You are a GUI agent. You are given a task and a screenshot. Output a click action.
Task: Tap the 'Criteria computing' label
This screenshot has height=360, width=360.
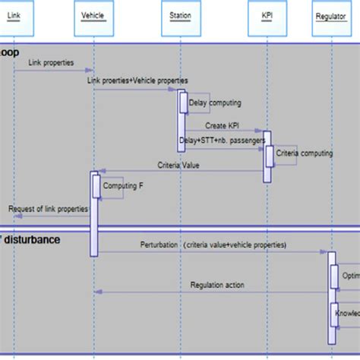coord(304,153)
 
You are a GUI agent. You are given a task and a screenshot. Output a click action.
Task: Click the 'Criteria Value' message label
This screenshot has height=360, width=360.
coord(178,164)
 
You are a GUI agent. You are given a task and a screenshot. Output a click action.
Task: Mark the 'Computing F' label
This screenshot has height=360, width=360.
coord(123,185)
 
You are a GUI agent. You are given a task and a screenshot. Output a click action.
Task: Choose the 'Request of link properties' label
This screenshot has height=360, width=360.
coord(49,208)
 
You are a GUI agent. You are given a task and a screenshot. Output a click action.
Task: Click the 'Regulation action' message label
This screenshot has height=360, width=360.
coord(217,285)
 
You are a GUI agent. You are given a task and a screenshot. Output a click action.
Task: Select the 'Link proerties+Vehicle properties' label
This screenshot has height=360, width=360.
coord(137,81)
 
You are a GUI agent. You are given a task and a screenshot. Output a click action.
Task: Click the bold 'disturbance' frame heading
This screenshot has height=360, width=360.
coord(32,239)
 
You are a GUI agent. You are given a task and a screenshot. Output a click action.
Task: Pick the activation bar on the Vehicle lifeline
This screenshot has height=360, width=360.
coord(94,213)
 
